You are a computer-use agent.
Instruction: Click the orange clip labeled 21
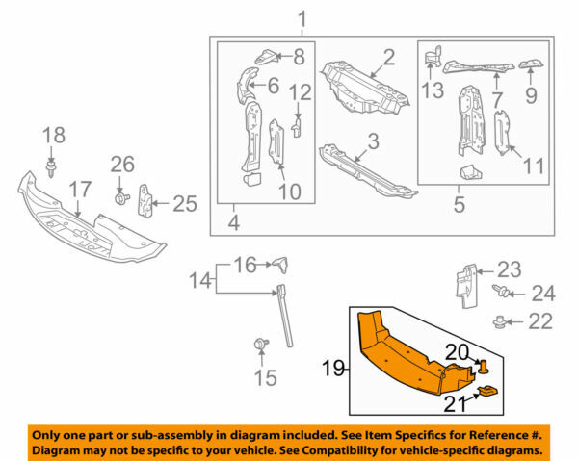point(491,390)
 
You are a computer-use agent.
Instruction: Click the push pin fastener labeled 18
point(51,172)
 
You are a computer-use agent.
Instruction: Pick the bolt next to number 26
point(122,197)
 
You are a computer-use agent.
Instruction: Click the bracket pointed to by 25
point(146,200)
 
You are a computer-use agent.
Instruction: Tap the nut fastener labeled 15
point(259,344)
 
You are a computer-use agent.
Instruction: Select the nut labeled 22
point(500,320)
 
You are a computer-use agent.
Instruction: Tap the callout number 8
point(299,56)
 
